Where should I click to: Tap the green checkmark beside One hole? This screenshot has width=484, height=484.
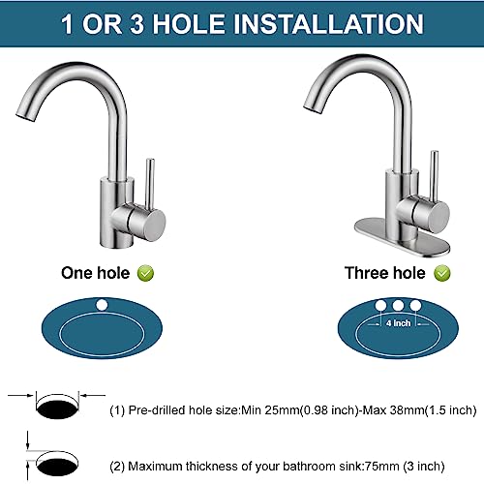145,274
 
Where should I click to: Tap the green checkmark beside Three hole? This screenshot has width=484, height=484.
442,274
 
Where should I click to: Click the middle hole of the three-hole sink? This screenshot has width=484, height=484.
397,306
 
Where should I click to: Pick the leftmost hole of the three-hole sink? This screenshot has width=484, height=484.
378,307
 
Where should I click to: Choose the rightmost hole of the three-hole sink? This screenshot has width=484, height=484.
415,307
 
